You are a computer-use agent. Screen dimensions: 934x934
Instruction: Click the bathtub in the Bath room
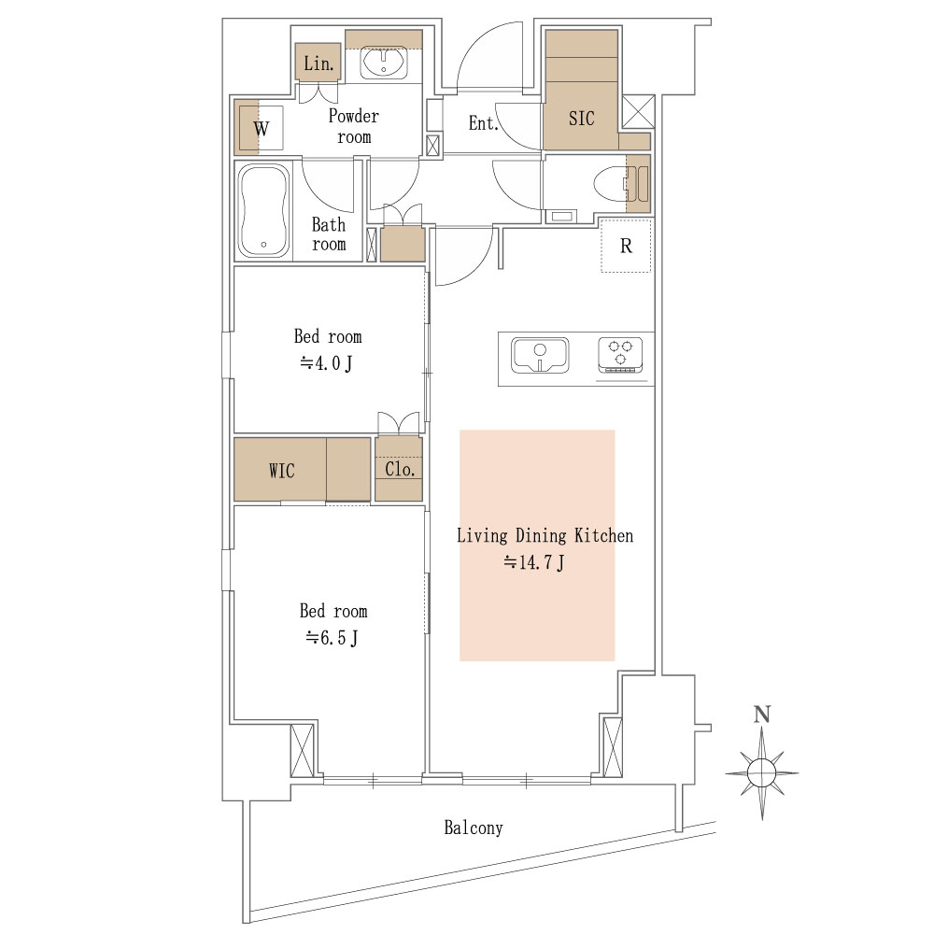[263, 209]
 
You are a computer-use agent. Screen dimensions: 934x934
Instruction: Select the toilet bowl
[611, 184]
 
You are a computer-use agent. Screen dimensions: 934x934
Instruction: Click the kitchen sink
[540, 356]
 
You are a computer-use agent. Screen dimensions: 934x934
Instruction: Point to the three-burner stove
[620, 354]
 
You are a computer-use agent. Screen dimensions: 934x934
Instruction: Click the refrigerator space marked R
[626, 246]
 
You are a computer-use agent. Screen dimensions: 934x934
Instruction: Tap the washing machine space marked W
[261, 128]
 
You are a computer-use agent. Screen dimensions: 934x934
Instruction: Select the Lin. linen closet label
[318, 64]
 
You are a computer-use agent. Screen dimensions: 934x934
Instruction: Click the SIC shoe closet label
[581, 119]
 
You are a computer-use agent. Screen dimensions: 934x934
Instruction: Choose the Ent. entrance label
[483, 123]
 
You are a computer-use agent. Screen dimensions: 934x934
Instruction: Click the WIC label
[282, 471]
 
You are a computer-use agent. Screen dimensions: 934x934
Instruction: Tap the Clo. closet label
[400, 470]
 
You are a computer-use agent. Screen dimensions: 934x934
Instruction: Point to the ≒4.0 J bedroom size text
[326, 362]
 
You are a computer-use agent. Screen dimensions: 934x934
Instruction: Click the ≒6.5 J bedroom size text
[333, 638]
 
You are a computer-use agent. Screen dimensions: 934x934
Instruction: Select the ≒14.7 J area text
[534, 561]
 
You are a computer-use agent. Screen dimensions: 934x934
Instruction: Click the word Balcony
[474, 828]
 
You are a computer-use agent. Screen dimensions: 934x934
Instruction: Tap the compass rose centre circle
[762, 773]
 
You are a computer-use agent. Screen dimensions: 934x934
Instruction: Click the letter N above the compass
[762, 715]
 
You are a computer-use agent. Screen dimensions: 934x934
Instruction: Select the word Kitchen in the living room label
[603, 535]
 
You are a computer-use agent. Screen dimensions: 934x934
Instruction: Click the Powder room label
[354, 126]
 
